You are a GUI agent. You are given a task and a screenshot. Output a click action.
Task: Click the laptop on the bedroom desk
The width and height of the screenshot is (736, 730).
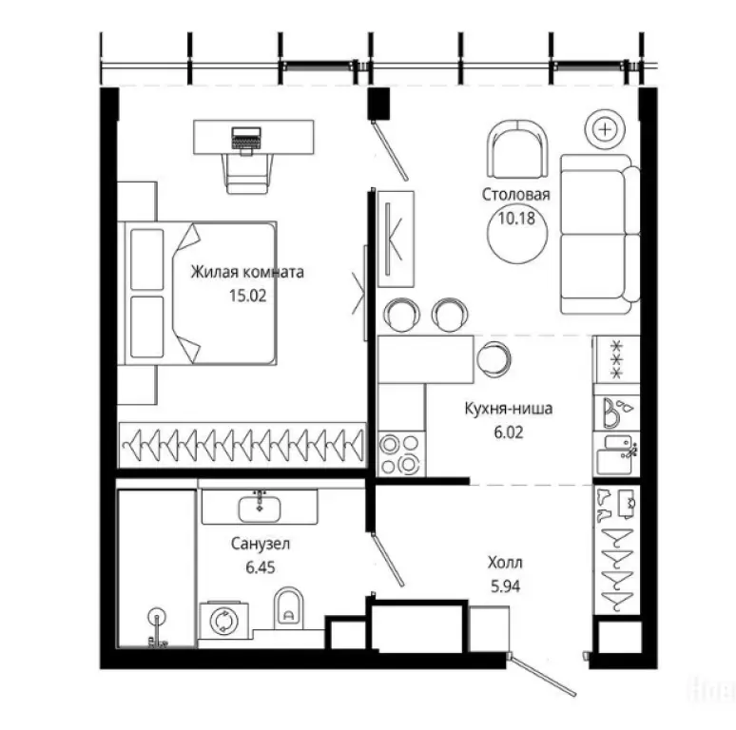click(246, 139)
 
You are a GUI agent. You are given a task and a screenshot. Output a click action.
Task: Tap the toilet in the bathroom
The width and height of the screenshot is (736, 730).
click(288, 607)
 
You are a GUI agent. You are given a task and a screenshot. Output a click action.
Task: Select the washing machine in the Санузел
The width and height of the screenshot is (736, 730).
click(223, 621)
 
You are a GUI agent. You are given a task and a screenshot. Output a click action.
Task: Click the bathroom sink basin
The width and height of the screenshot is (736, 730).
click(260, 508)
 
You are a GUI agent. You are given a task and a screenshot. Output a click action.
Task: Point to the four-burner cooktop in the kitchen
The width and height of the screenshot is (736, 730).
click(400, 453)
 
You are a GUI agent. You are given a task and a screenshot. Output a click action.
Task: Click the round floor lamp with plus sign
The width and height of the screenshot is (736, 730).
click(605, 129)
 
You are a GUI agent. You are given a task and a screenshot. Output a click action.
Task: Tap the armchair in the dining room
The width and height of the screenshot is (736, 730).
click(517, 148)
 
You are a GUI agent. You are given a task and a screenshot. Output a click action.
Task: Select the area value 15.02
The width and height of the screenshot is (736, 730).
click(248, 296)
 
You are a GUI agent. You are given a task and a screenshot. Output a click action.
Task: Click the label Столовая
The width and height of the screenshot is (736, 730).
click(515, 194)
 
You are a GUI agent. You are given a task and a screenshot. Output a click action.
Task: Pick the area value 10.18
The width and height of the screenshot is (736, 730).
click(516, 219)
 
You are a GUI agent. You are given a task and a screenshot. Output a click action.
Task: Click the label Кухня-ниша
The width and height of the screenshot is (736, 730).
click(509, 408)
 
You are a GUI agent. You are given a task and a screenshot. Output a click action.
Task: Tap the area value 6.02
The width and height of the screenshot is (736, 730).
click(509, 432)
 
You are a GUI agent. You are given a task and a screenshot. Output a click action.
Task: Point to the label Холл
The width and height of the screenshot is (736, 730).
click(505, 562)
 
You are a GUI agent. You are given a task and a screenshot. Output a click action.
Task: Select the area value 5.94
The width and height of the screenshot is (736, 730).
click(505, 586)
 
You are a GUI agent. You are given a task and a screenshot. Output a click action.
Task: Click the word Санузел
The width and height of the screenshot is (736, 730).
click(261, 544)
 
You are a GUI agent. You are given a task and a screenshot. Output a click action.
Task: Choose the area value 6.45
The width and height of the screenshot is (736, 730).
click(261, 567)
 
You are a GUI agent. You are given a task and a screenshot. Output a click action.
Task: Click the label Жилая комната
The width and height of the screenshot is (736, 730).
click(247, 272)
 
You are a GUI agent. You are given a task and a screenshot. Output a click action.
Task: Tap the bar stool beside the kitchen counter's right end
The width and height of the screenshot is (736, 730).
click(494, 359)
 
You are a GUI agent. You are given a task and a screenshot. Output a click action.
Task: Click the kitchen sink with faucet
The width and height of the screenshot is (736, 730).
click(616, 453)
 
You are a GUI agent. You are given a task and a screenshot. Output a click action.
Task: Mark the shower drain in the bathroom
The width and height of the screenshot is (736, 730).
click(156, 616)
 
